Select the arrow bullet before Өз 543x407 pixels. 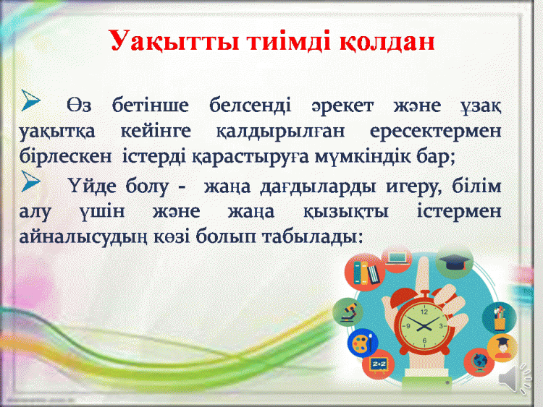[30, 100]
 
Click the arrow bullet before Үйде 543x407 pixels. [30, 181]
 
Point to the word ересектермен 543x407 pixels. [435, 132]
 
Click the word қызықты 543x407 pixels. [345, 212]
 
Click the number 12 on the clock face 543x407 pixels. [424, 312]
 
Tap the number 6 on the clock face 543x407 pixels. [424, 340]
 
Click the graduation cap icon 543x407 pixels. [454, 263]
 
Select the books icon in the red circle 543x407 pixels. [365, 272]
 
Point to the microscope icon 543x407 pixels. [348, 312]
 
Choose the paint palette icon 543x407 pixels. [363, 343]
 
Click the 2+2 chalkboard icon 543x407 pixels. [379, 364]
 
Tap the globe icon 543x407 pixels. [479, 362]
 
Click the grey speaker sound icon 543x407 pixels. [515, 378]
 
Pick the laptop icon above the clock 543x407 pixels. [397, 258]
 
